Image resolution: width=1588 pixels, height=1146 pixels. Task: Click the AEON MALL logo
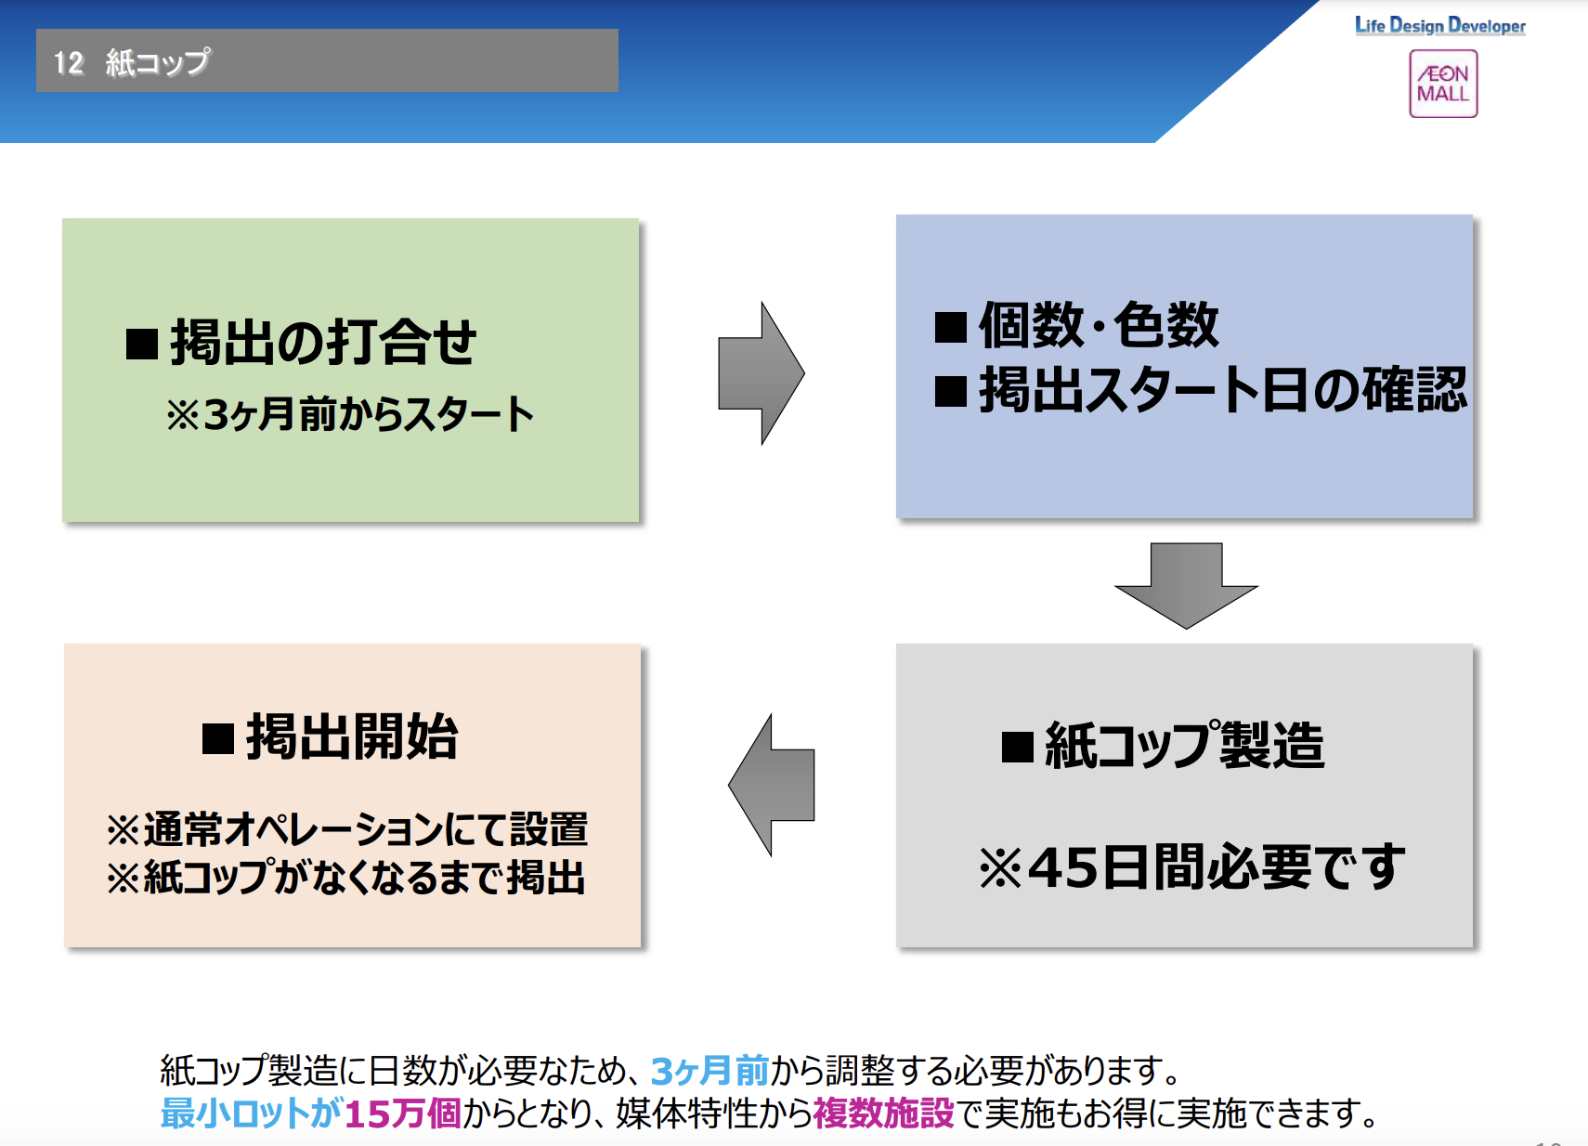point(1442,84)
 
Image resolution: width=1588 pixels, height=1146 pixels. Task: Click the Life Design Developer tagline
point(1439,26)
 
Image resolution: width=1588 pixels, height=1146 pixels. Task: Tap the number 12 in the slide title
point(69,62)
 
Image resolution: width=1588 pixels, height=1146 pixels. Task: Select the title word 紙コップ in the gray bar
point(158,62)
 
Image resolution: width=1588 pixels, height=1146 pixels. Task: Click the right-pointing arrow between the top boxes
point(761,373)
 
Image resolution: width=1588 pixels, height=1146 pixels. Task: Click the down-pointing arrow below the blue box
point(1186,584)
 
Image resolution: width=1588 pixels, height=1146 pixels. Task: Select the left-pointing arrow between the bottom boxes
point(772,785)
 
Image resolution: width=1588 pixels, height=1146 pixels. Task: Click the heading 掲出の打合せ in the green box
point(322,342)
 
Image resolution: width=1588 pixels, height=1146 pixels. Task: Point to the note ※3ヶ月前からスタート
point(349,414)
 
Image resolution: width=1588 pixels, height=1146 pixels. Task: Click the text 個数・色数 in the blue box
point(1098,325)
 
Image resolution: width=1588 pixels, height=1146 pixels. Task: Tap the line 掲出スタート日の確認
point(1222,389)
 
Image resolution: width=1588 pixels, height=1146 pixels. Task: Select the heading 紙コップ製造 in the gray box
point(1184,745)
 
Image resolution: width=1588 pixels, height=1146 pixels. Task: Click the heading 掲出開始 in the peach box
point(352,737)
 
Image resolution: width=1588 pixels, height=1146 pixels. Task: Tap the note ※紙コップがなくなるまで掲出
point(345,877)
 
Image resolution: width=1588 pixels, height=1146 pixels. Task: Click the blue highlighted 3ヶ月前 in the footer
point(709,1071)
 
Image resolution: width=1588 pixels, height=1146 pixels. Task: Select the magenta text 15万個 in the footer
point(402,1113)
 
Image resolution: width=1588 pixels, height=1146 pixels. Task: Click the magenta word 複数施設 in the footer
point(883,1113)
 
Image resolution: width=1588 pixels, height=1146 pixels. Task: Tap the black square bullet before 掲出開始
point(218,739)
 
